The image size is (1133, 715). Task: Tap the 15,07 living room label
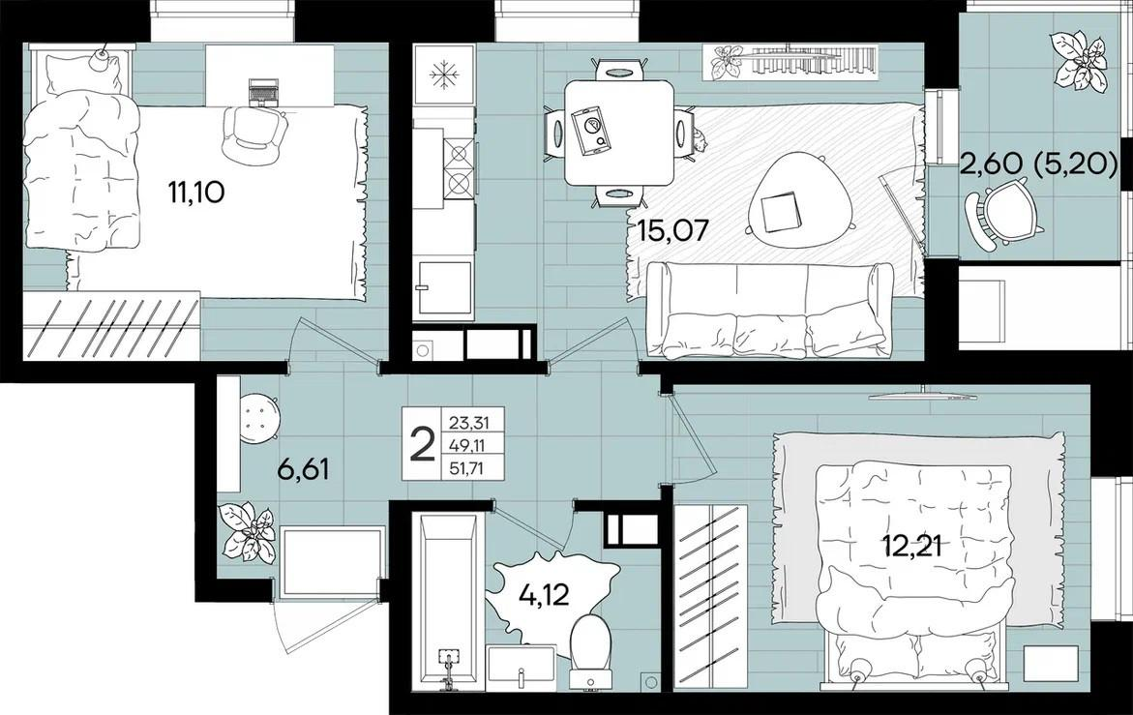click(672, 231)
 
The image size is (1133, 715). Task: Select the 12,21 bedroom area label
click(910, 546)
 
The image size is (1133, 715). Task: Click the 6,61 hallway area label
click(304, 469)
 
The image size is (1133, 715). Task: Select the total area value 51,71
click(466, 469)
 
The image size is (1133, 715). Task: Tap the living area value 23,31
click(466, 421)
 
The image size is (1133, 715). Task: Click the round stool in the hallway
click(259, 418)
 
